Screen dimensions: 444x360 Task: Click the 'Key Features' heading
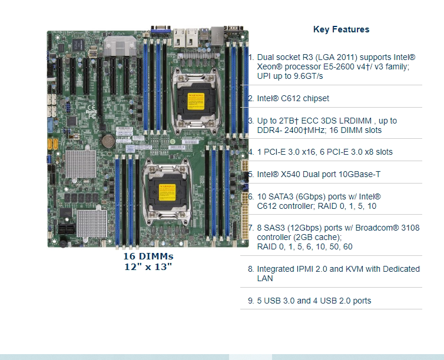coord(341,29)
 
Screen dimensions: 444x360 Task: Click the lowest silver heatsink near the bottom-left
coord(92,222)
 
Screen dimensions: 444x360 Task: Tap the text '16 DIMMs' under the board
coord(148,256)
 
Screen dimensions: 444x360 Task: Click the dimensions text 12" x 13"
coord(148,266)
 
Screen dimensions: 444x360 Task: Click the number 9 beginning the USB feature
coord(250,301)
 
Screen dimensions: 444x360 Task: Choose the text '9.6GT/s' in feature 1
coord(309,76)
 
